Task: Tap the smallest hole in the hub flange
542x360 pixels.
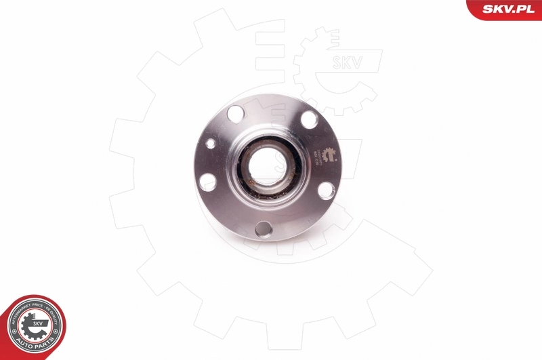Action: click(211, 143)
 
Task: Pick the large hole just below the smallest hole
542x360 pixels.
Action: click(208, 182)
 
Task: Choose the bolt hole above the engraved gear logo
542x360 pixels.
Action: click(309, 119)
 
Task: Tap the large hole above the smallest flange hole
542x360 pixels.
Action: click(234, 113)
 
